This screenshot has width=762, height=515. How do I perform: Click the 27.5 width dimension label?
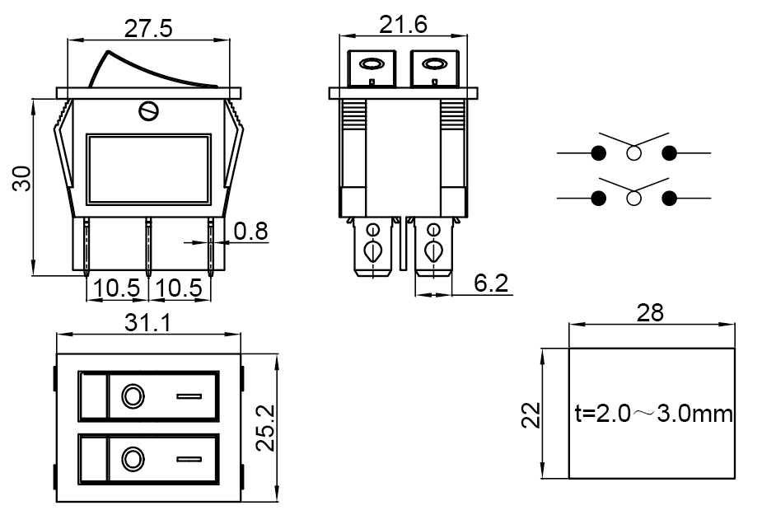click(148, 29)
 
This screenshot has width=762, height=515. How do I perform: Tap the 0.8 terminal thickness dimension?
click(250, 231)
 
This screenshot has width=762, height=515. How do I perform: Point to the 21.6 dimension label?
click(403, 26)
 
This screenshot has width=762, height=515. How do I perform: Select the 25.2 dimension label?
click(264, 428)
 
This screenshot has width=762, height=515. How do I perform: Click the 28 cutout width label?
click(650, 313)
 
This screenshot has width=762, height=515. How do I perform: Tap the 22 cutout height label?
click(532, 414)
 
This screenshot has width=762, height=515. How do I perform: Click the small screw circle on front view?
click(149, 110)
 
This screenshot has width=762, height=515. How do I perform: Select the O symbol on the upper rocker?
click(131, 396)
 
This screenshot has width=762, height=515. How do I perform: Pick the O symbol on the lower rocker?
click(131, 457)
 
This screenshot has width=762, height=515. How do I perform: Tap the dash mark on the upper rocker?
click(189, 396)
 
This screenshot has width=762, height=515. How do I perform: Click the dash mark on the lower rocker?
click(189, 458)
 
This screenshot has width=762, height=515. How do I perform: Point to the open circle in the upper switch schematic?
click(633, 153)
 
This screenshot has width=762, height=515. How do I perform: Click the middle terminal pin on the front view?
click(149, 246)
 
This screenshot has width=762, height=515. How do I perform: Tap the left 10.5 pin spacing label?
click(116, 288)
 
